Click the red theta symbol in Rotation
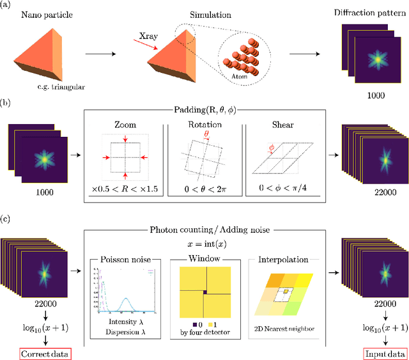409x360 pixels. (x=206, y=135)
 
